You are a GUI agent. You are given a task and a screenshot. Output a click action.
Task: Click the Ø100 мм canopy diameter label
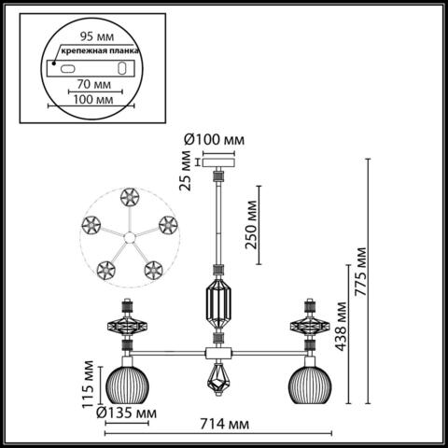[x=215, y=139]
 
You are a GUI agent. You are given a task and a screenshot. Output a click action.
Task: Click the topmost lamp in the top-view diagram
[x=127, y=197]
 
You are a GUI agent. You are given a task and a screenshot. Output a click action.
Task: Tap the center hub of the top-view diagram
[x=128, y=236]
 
